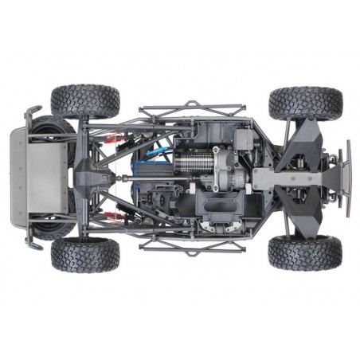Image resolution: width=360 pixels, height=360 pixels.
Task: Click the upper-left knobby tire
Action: coord(85,101)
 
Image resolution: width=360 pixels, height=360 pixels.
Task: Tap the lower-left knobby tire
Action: coord(85,254)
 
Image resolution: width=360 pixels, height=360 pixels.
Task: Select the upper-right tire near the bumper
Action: coord(306,104)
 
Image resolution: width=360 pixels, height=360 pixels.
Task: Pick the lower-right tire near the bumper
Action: coord(305,252)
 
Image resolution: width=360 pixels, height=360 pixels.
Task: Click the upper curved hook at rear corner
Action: coord(32,112)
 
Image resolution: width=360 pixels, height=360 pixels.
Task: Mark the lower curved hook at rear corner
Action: coord(32,244)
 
